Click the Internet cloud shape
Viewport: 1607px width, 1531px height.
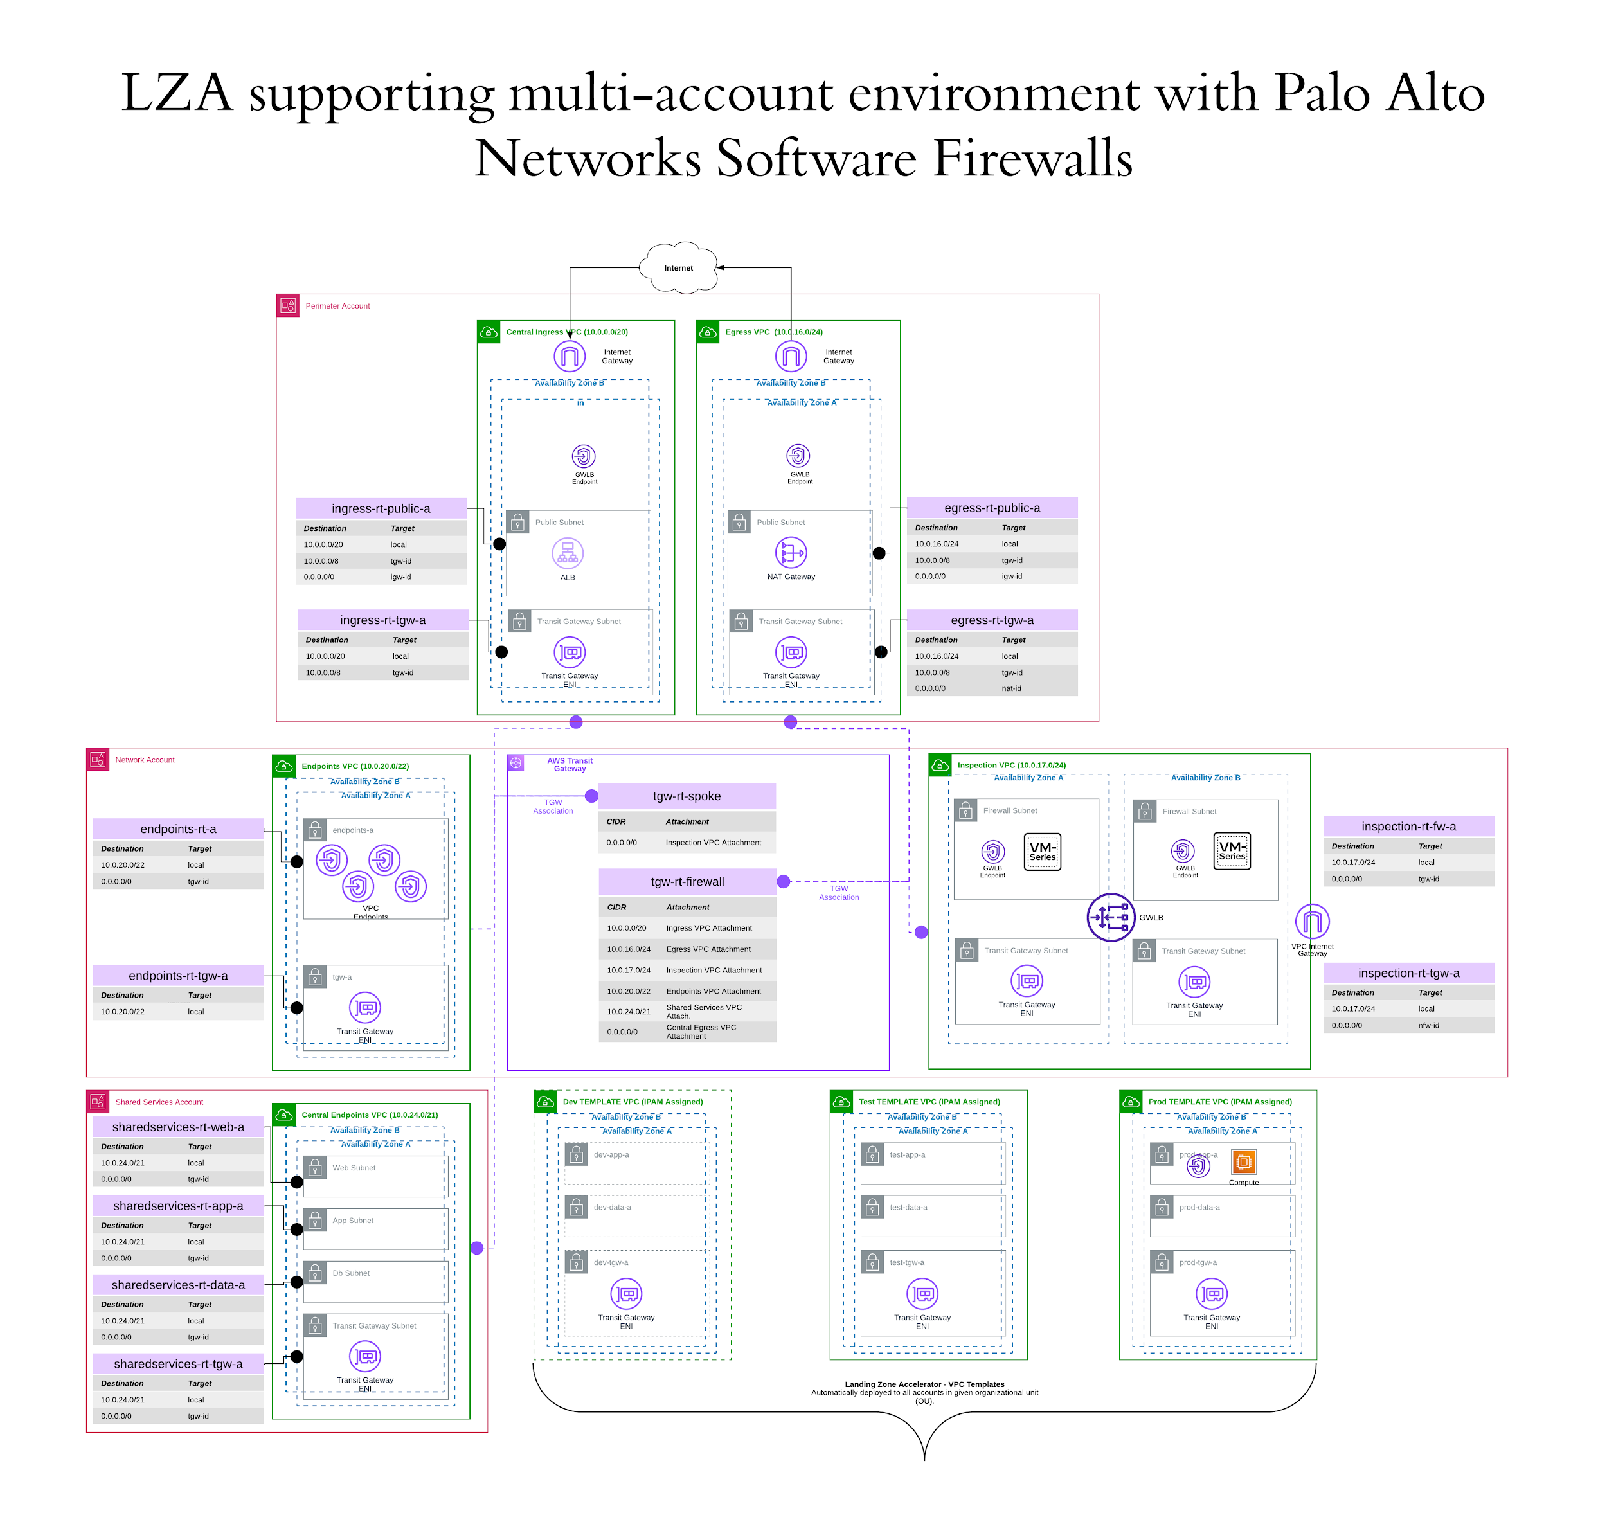[x=678, y=267]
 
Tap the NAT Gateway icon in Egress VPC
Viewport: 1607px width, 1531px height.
[x=790, y=553]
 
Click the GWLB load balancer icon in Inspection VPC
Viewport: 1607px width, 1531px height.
[x=1110, y=917]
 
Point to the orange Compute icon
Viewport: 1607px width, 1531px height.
[x=1243, y=1161]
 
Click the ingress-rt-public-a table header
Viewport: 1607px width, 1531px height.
[x=381, y=508]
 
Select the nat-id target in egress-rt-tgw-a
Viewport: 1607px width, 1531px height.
[x=1011, y=689]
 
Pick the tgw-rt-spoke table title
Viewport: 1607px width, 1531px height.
[x=687, y=796]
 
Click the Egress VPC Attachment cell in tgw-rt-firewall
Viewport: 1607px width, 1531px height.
[x=708, y=949]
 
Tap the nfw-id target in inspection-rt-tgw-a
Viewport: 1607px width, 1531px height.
[x=1428, y=1026]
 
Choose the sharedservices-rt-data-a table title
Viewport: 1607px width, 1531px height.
[x=178, y=1285]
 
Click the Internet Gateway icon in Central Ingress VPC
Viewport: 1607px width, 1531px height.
[x=569, y=357]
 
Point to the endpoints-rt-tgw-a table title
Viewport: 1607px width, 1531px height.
[x=178, y=976]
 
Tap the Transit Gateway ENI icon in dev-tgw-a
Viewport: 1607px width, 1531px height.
[x=626, y=1294]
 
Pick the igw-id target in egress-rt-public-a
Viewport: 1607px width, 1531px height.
[x=1012, y=576]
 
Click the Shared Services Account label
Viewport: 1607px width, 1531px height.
[x=159, y=1102]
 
